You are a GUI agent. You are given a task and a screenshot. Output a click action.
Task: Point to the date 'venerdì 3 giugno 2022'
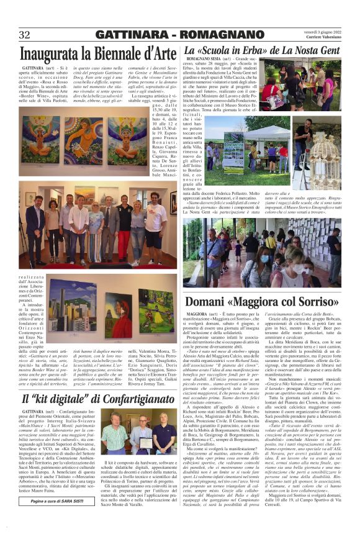click(318, 31)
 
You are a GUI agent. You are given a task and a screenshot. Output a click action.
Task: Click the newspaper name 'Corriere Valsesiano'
click(320, 38)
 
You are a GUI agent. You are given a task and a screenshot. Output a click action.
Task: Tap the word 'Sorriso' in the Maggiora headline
click(313, 302)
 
